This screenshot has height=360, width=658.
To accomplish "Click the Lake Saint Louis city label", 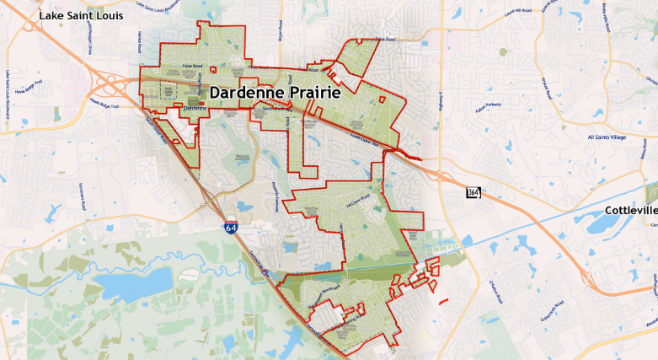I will pyautogui.click(x=82, y=15).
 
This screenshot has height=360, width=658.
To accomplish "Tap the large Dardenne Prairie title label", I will pyautogui.click(x=275, y=94).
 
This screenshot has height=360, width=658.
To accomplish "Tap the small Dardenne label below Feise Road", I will pyautogui.click(x=195, y=108).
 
